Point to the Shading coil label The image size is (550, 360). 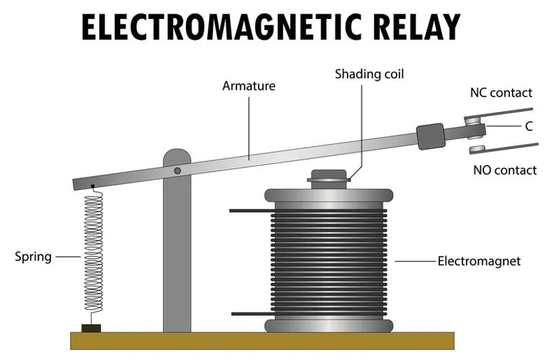(x=369, y=73)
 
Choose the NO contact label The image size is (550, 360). (x=505, y=170)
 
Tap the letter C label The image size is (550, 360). (x=528, y=126)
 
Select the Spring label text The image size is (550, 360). (x=33, y=257)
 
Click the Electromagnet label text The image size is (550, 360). (x=479, y=261)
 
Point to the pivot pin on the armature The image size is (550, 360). (x=177, y=170)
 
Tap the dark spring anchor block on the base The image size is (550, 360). (x=91, y=328)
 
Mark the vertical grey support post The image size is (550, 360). (x=177, y=258)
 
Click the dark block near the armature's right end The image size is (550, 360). (x=430, y=136)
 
